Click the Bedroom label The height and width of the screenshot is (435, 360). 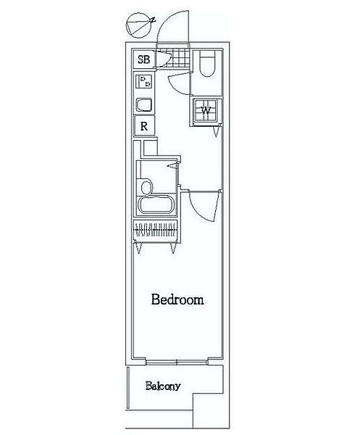pos(177,300)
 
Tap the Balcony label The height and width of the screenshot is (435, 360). pos(163,386)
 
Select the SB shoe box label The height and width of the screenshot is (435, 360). pos(144,59)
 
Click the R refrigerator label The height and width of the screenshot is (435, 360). pos(144,126)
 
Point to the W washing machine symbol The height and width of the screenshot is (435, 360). pos(206,111)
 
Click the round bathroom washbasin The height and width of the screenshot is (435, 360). pos(146,187)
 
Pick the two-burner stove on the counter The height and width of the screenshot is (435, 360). pos(144,81)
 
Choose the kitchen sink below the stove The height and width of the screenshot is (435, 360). pos(143,105)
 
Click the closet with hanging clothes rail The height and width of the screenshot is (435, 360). pos(156,230)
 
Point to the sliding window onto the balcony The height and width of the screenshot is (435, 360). pos(177,362)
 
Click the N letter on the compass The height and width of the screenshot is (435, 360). pos(153,20)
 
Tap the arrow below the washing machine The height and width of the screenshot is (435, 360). pos(216,133)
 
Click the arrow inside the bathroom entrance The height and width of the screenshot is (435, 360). pos(172,166)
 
